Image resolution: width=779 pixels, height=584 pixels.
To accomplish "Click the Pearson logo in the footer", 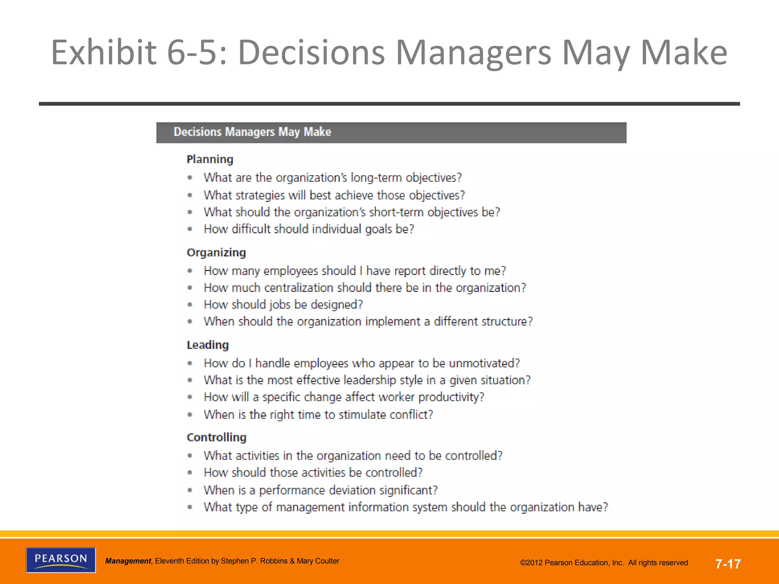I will click(x=61, y=560).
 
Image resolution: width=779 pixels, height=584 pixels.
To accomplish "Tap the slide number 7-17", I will click(x=728, y=564).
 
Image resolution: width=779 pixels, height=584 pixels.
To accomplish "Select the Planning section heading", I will click(x=210, y=159).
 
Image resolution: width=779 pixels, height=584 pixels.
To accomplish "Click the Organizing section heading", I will click(x=216, y=252).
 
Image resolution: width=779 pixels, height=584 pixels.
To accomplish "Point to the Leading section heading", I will click(x=208, y=345).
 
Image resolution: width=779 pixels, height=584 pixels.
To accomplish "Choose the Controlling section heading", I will click(x=216, y=437).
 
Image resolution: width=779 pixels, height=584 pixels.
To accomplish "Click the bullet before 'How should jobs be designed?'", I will click(x=190, y=305).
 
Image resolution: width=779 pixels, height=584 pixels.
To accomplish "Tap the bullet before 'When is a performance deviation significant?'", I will click(x=190, y=490).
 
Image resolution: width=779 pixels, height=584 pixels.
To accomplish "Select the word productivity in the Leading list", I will click(x=451, y=397).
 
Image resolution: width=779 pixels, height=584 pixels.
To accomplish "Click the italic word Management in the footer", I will click(x=128, y=561).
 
